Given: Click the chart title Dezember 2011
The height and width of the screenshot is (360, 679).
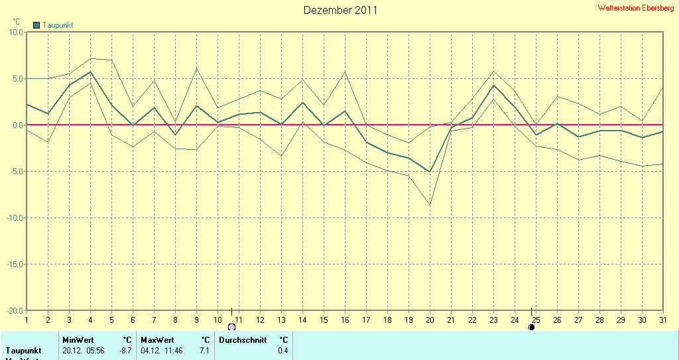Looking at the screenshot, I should click(341, 10).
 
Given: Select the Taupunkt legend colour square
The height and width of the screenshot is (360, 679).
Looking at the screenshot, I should click(36, 25).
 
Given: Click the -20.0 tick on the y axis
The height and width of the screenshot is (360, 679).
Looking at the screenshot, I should click(15, 310).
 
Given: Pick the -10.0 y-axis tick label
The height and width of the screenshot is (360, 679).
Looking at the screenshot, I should click(15, 217).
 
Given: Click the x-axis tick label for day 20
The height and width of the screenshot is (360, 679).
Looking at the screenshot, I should click(430, 320).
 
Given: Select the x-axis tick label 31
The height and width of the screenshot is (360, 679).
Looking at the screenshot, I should click(663, 320).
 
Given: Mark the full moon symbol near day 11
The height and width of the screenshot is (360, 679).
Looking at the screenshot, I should click(231, 327).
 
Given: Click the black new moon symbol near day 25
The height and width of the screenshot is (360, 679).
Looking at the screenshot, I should click(531, 327).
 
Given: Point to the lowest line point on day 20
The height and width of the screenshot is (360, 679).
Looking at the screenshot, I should click(430, 206).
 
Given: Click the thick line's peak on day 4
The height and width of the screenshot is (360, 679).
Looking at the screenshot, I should click(90, 72).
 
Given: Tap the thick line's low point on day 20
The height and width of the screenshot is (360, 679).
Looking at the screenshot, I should click(430, 172).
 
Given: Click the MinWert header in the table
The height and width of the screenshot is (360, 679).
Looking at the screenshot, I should click(78, 340).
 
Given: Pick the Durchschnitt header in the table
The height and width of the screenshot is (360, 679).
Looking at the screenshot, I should click(243, 340).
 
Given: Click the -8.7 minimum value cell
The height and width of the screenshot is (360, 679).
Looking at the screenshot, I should click(125, 350).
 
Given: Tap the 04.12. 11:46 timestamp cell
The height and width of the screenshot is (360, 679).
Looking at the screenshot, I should click(162, 350).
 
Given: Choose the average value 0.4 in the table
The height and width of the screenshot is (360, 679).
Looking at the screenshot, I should click(282, 350).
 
